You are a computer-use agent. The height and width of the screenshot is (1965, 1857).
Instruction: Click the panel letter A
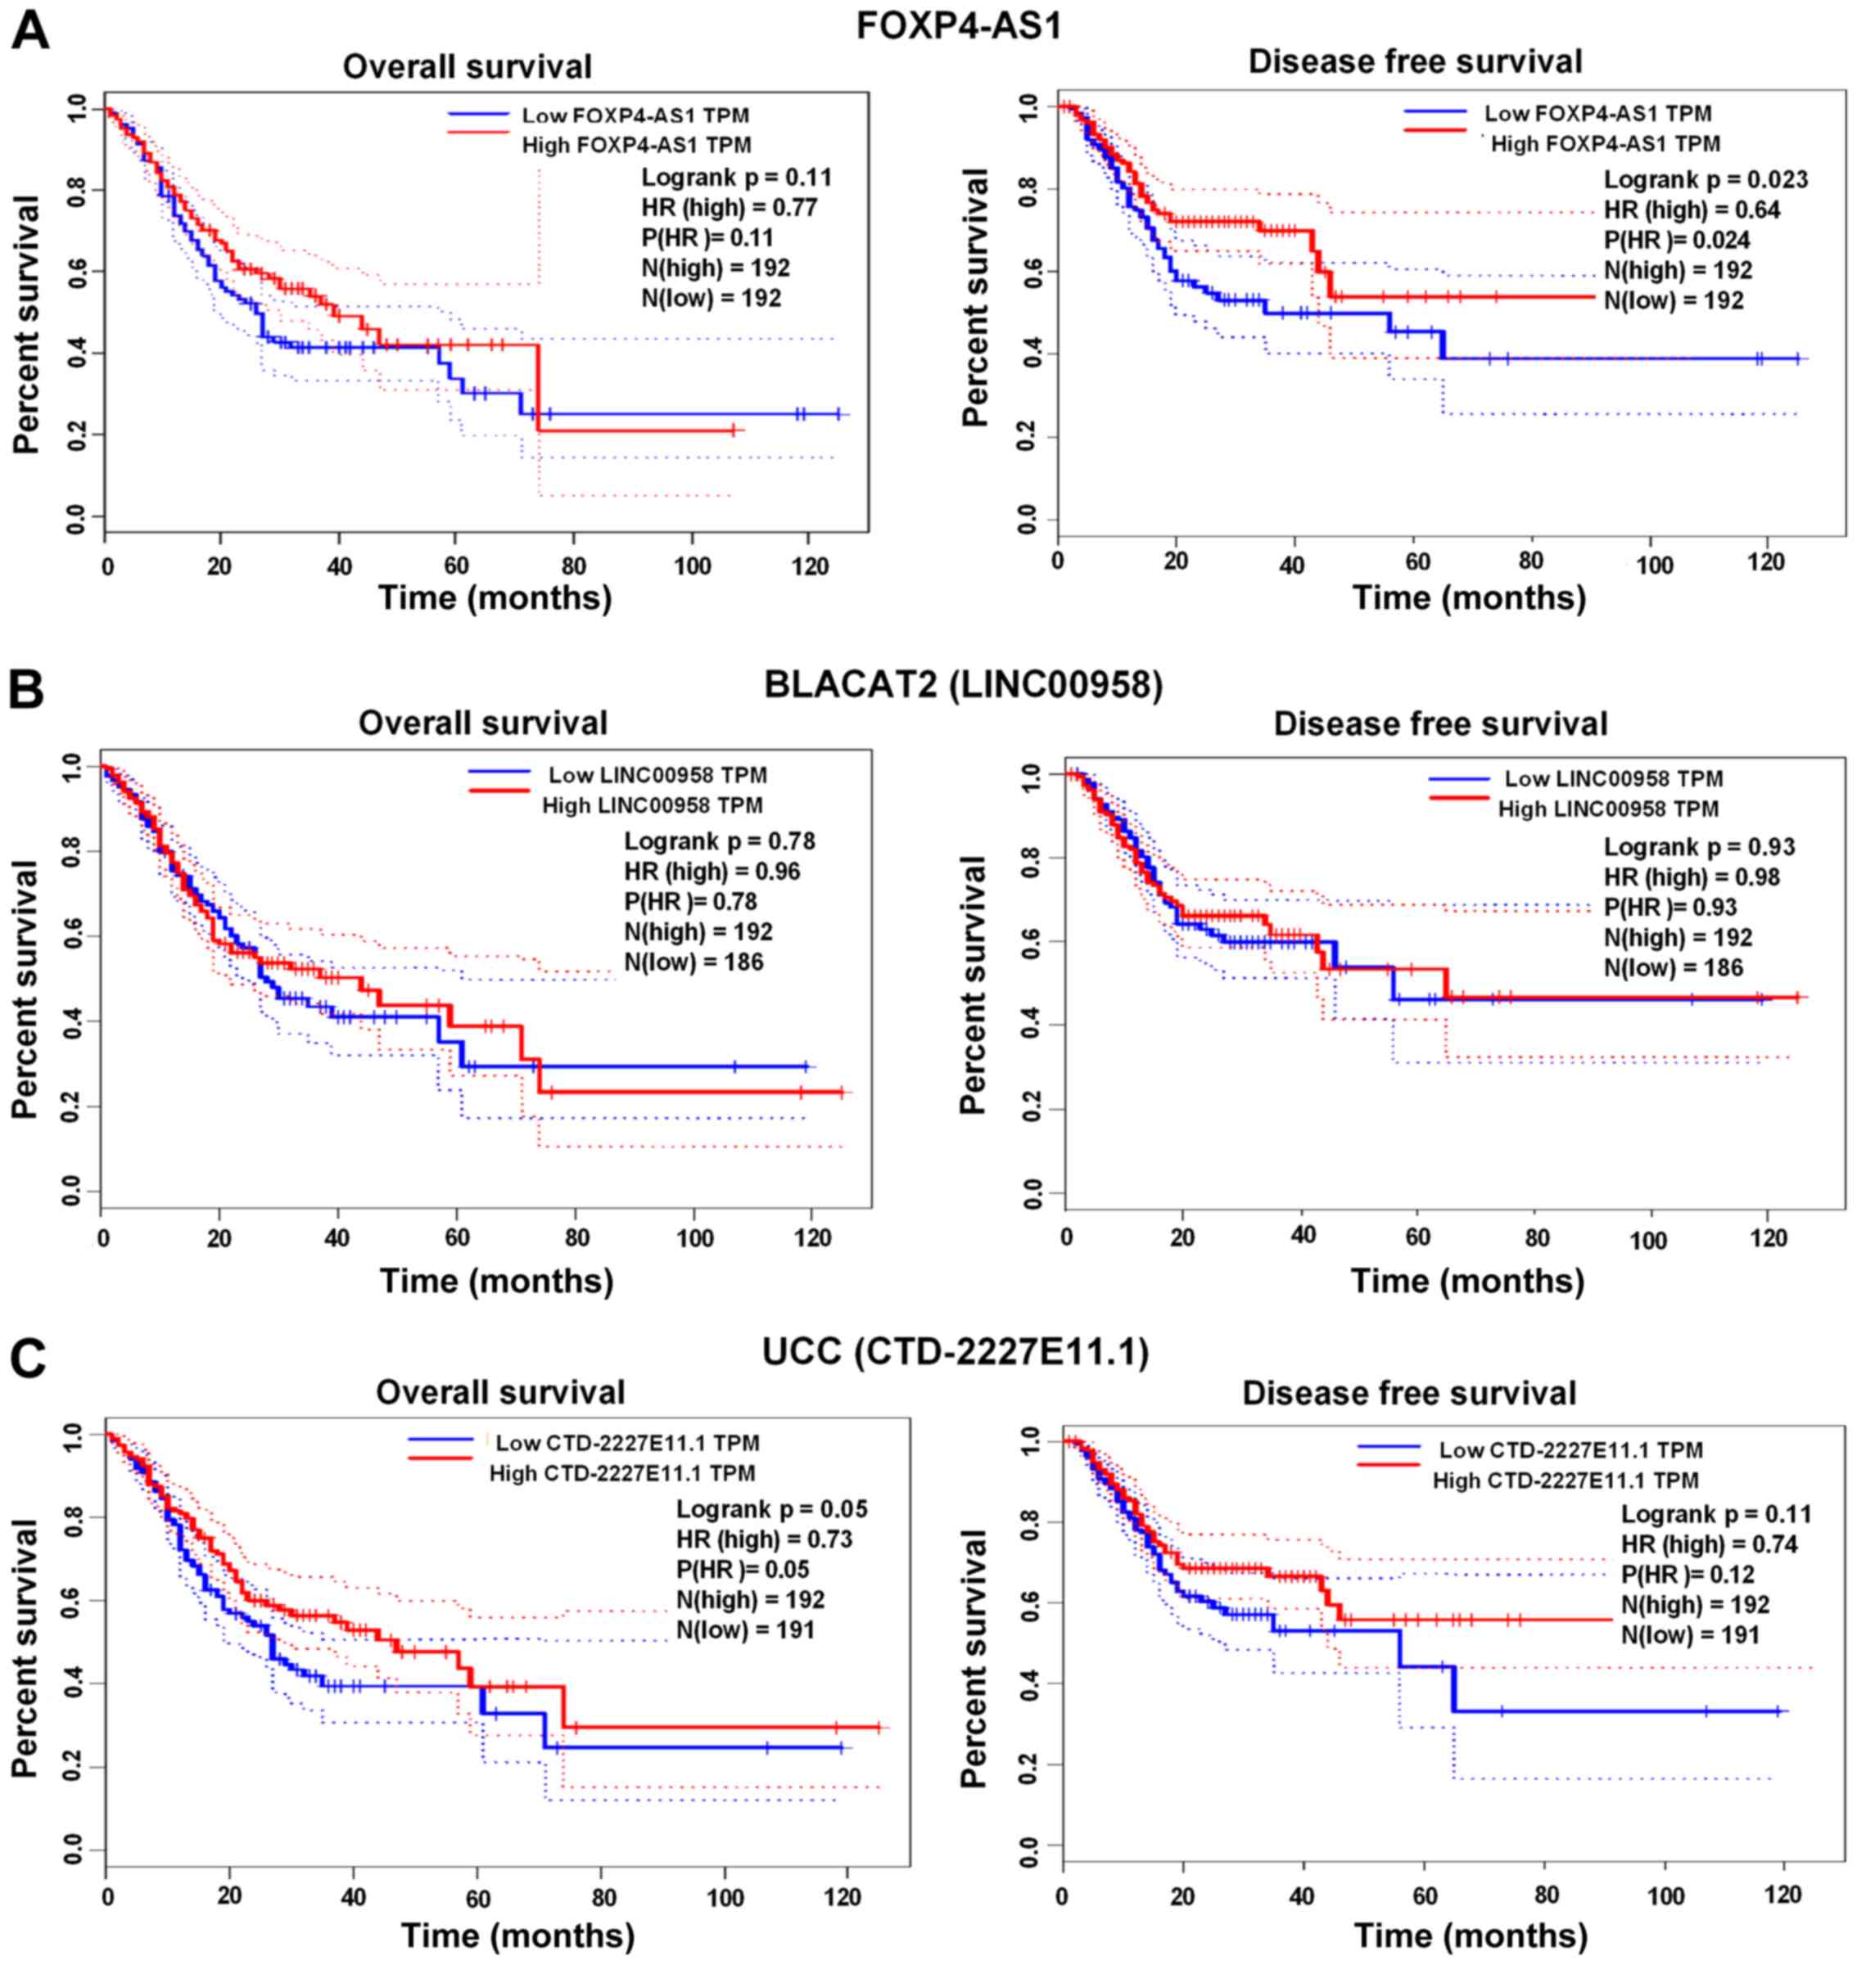[30, 30]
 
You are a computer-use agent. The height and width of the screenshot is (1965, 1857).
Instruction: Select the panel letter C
[28, 1359]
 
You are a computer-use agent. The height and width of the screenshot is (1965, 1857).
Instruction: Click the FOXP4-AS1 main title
[958, 25]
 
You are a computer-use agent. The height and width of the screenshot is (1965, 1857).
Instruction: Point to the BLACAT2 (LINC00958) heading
[963, 685]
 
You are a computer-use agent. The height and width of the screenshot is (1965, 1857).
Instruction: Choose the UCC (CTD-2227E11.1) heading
[956, 1351]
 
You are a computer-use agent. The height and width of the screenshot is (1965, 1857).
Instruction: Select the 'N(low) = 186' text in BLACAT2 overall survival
[694, 961]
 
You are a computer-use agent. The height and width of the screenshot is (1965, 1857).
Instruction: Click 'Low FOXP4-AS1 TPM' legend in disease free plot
[1597, 114]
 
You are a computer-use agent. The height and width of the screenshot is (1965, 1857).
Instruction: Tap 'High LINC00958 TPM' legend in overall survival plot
[653, 805]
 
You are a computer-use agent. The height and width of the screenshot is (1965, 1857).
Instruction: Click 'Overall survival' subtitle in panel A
[468, 67]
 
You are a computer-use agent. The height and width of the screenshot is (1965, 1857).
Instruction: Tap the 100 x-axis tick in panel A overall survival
[692, 567]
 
